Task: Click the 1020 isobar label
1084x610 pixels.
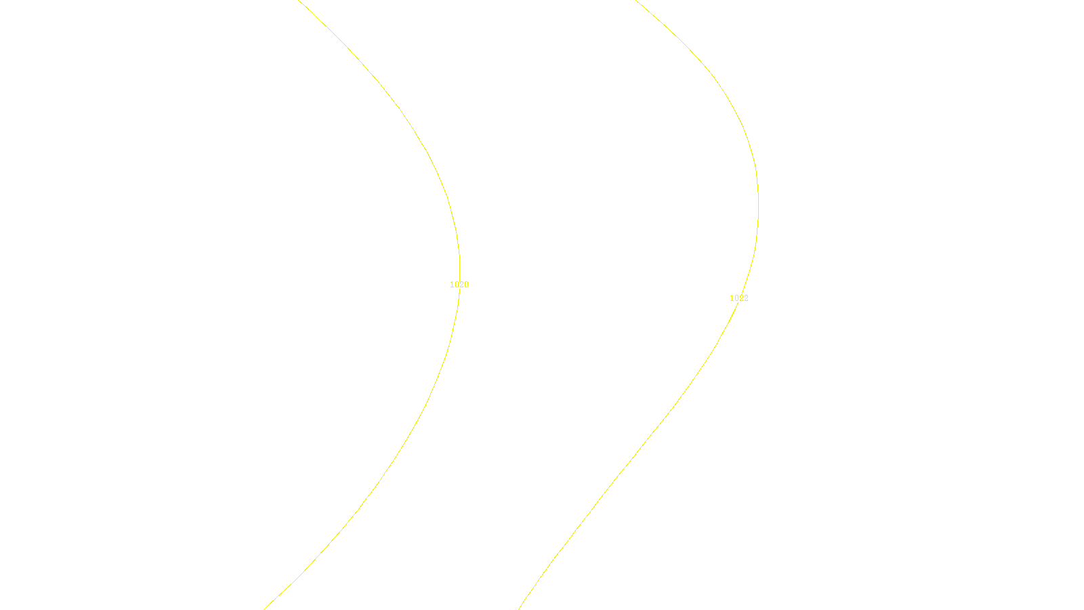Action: point(459,285)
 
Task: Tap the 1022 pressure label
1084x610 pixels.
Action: point(738,298)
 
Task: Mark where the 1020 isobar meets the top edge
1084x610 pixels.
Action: point(299,1)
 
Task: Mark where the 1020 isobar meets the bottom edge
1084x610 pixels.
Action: point(264,609)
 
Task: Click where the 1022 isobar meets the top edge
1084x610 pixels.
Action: point(635,1)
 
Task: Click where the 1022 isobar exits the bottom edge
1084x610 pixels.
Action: point(519,609)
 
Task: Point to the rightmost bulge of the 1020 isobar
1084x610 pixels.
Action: point(460,264)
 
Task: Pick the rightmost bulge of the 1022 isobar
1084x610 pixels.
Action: point(758,203)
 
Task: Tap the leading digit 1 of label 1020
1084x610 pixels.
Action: point(452,285)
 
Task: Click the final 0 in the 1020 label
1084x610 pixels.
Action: point(466,285)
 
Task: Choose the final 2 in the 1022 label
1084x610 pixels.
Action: point(746,298)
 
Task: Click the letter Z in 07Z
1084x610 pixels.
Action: point(518,599)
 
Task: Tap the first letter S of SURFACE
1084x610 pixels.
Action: point(528,599)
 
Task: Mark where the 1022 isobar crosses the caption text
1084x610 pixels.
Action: point(525,599)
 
